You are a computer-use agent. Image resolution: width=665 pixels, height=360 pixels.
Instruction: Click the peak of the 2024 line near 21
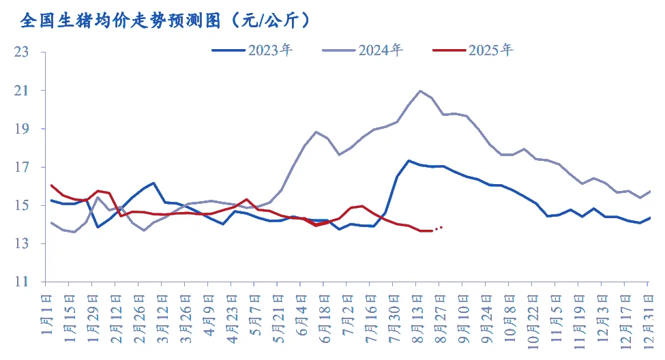pos(419,91)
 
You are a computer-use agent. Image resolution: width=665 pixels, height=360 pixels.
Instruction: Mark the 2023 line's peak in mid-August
pos(409,161)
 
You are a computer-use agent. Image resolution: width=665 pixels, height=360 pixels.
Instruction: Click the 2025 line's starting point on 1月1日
pos(51,185)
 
